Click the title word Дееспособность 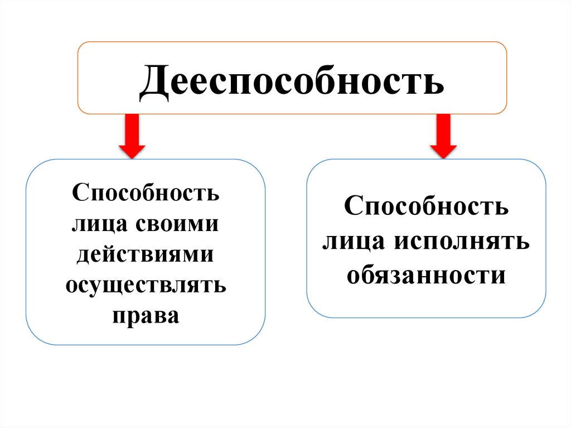click(x=292, y=81)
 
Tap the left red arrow click(x=132, y=136)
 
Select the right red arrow click(x=443, y=136)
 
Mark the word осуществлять click(x=146, y=285)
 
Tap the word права click(x=146, y=315)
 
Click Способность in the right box click(x=426, y=206)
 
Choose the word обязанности click(x=426, y=275)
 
